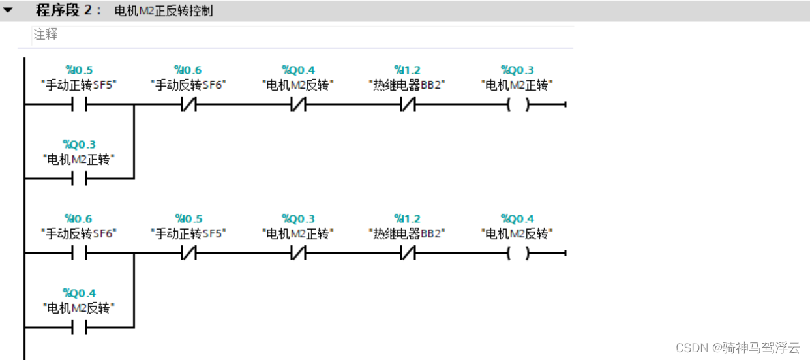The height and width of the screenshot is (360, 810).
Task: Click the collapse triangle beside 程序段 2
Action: click(x=8, y=10)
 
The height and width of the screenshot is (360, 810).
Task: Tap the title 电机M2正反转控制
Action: click(x=163, y=11)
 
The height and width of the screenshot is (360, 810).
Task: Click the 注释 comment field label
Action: click(x=46, y=35)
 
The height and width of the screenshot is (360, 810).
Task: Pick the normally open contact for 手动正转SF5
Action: click(x=79, y=104)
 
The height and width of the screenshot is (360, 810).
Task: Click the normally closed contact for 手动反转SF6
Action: click(x=188, y=104)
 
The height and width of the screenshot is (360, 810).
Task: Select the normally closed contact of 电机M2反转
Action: click(x=298, y=104)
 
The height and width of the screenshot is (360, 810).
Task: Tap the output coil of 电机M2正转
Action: click(x=517, y=104)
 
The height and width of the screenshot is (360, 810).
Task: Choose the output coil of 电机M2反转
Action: click(x=517, y=253)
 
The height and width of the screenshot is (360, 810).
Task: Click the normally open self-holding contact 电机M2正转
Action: click(x=79, y=179)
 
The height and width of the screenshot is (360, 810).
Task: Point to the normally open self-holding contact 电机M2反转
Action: click(x=79, y=327)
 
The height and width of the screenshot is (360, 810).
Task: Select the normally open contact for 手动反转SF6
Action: click(x=79, y=253)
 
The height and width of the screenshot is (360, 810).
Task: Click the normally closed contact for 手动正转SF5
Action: click(x=188, y=253)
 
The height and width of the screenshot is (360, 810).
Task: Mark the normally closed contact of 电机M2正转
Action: click(x=298, y=253)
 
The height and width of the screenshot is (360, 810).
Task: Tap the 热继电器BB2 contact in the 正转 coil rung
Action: click(x=408, y=104)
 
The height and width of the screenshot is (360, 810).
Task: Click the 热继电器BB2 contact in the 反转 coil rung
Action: click(x=408, y=253)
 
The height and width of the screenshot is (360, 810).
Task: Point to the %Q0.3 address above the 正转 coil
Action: click(x=517, y=70)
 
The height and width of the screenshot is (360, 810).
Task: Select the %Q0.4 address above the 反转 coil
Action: click(x=517, y=218)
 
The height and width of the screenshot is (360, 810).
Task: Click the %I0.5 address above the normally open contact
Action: click(x=79, y=70)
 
